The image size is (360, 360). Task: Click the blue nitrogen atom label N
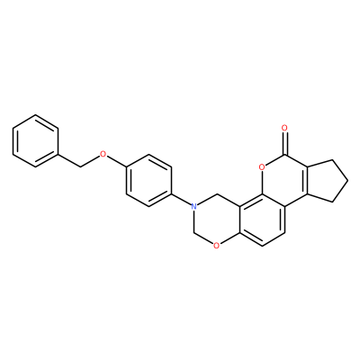[x=194, y=206]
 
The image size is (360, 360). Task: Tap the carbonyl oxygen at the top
[x=284, y=129]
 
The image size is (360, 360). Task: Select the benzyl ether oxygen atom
[x=103, y=155]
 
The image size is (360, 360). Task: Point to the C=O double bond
[x=284, y=143]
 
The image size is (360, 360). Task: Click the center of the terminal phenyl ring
[x=35, y=141]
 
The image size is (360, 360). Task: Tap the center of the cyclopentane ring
[x=326, y=181]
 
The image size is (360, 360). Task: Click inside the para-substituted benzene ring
[x=148, y=181]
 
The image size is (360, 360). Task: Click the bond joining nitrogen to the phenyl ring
[x=181, y=200]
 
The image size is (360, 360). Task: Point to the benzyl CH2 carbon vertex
[x=81, y=167]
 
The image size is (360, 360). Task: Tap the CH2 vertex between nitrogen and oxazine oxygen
[x=194, y=233]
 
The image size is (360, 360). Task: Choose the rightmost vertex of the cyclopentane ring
[x=348, y=181]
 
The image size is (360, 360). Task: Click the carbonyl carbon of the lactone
[x=284, y=155]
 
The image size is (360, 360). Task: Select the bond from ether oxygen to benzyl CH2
[x=91, y=162]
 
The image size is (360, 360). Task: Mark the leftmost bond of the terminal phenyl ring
[x=13, y=141]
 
